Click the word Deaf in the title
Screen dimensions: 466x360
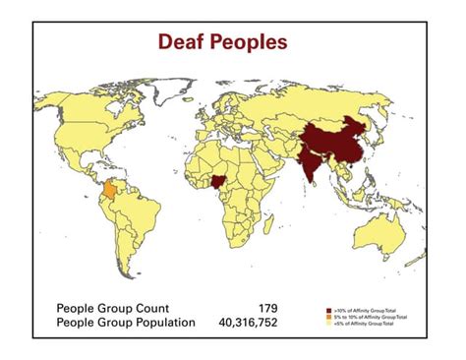tap(187, 43)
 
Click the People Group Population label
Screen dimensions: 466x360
tap(125, 322)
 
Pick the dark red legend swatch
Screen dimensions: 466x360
tap(328, 309)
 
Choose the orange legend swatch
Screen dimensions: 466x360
tap(328, 316)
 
